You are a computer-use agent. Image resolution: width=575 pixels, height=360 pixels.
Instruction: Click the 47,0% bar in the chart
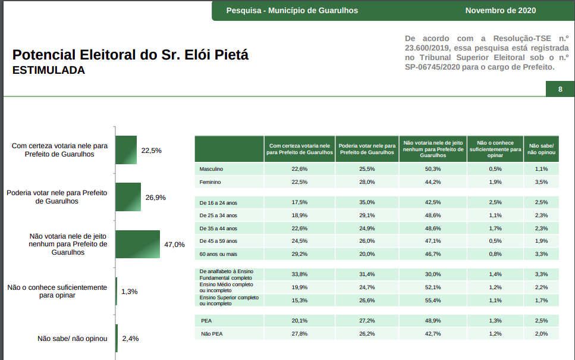137,244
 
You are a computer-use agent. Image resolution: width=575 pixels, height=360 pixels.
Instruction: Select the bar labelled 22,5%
126,150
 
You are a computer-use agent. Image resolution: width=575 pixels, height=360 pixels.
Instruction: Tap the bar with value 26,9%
128,197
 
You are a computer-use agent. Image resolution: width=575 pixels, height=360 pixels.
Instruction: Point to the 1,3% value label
129,292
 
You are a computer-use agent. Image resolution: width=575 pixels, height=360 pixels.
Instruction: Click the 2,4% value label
130,339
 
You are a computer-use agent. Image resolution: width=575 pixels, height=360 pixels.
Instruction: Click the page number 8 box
560,90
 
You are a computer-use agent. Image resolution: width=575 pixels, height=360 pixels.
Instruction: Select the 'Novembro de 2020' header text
501,11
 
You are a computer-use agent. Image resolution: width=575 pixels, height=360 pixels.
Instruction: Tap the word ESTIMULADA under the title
49,70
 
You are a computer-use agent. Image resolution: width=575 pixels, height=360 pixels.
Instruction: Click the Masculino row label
211,169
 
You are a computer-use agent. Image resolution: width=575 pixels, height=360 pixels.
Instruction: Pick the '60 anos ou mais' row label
218,254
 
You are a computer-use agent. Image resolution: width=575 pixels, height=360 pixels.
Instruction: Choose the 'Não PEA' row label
212,334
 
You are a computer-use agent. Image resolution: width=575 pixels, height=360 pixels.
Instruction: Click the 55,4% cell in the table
432,300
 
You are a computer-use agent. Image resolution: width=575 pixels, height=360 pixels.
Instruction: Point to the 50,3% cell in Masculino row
432,169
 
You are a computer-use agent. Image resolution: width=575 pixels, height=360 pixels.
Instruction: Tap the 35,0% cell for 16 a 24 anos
367,202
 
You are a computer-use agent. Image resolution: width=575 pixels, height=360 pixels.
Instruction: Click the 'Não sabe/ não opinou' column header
542,149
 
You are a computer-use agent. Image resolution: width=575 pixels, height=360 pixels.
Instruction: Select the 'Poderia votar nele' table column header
367,149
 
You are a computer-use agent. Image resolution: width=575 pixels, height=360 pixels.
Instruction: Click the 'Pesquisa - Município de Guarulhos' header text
292,11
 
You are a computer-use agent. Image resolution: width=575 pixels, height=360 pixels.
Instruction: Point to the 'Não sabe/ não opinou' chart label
72,339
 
